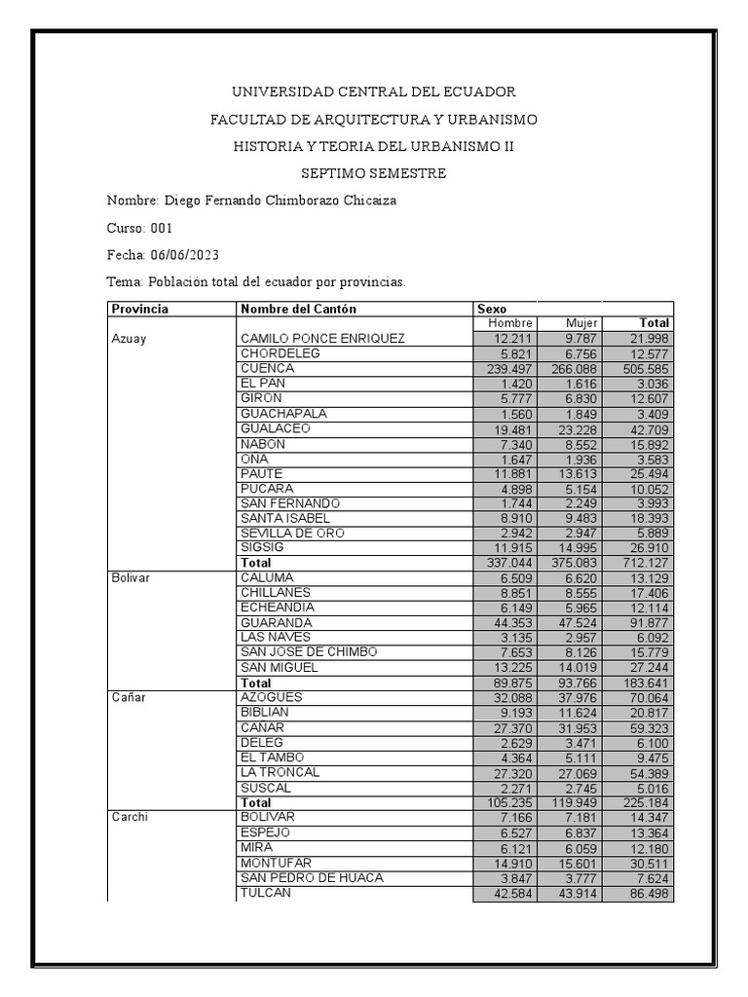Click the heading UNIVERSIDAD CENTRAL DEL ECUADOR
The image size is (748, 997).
tap(374, 92)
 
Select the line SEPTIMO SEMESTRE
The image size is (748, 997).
tap(374, 173)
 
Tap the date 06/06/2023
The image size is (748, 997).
tap(184, 255)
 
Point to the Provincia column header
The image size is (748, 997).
tap(140, 309)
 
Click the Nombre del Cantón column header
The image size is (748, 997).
tap(298, 309)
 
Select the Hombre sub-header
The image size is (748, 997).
tap(510, 323)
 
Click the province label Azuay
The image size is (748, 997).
tap(129, 339)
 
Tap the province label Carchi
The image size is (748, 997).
tap(130, 818)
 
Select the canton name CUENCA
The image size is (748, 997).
tap(267, 369)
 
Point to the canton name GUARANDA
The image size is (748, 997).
tap(277, 622)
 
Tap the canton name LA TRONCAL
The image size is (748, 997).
tap(280, 773)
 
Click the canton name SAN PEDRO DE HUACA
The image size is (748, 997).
tap(312, 878)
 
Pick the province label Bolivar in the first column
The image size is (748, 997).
tap(130, 577)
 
